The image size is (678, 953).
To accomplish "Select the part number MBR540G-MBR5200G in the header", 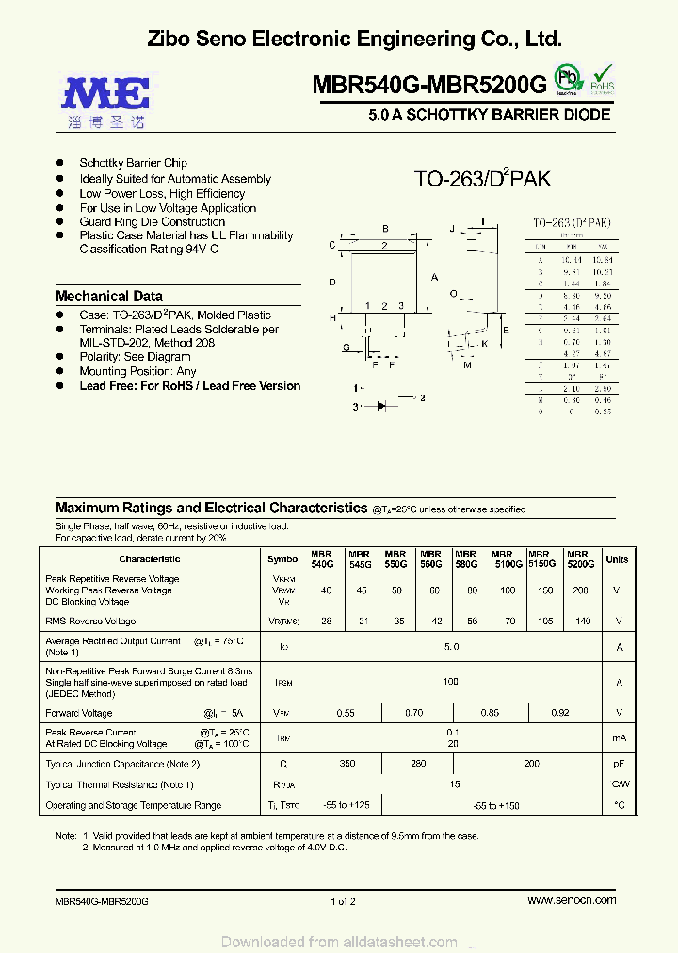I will coord(428,86).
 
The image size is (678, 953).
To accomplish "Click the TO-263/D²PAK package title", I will coord(482,180).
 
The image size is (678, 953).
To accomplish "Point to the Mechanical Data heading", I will coord(109,296).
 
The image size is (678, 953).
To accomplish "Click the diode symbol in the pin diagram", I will coord(382,406).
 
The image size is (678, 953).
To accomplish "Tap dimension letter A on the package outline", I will coord(434,278).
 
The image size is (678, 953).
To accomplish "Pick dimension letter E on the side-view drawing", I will coord(506,331).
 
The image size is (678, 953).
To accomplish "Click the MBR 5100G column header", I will coord(502,558).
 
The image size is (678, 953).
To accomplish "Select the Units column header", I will coord(617,559).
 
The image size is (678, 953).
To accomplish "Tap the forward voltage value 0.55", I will coord(345,714).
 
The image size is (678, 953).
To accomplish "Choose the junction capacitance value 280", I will coord(418,764).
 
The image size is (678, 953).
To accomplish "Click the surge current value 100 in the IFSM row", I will coord(451,681).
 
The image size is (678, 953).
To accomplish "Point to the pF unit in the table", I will coord(619,764).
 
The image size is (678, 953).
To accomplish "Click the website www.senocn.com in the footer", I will coord(572,900).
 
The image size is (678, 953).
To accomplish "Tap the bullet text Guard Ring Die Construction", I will coord(153,222).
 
